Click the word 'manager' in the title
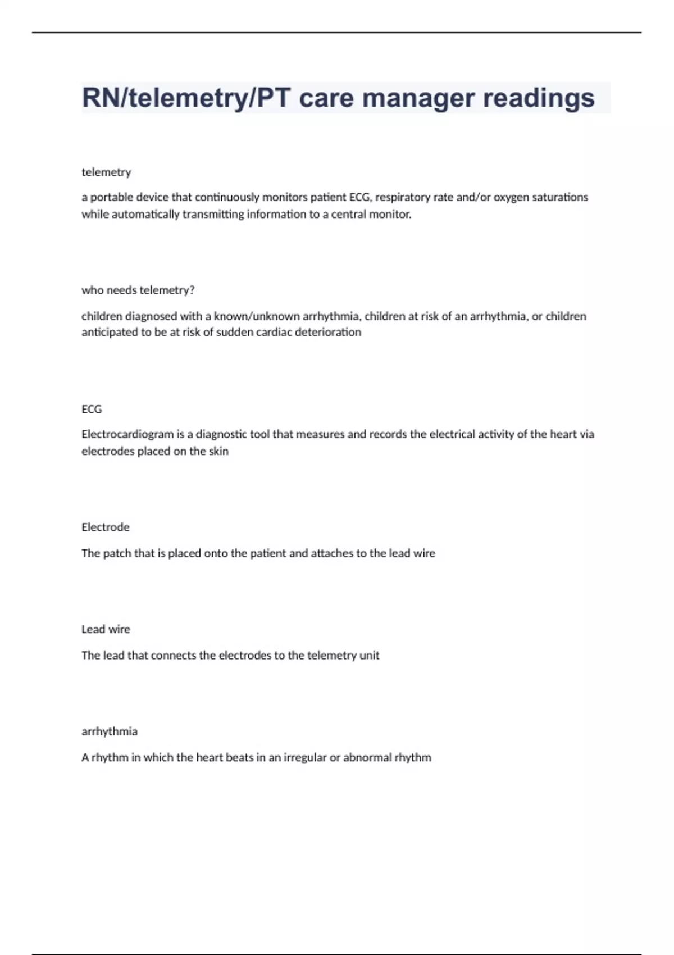[418, 98]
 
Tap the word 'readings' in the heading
[539, 98]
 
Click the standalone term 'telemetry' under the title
[106, 172]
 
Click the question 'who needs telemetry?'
[138, 290]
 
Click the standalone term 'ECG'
[92, 409]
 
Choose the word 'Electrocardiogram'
[127, 434]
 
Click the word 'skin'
[218, 451]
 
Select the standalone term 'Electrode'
[106, 527]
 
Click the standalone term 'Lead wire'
[106, 629]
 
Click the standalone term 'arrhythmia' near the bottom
[110, 731]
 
